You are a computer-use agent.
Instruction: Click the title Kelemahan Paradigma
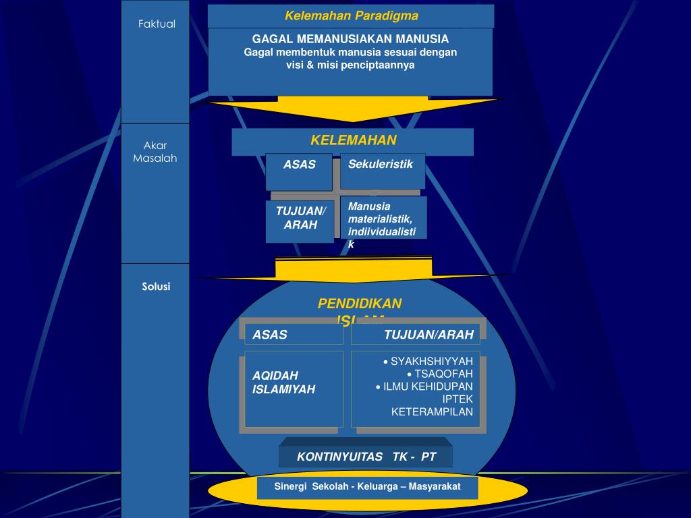point(351,16)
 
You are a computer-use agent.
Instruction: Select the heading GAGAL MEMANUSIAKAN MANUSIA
point(350,39)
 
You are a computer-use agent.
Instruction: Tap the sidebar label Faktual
point(157,24)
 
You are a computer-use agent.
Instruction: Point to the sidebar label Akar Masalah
point(155,152)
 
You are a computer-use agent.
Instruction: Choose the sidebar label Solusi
point(156,287)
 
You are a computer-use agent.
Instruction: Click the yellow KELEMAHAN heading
point(353,140)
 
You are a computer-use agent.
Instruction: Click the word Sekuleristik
point(380,164)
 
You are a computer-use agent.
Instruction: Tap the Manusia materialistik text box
point(382,219)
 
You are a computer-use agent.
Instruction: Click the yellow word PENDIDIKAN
point(360,304)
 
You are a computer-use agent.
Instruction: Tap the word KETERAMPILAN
point(432,411)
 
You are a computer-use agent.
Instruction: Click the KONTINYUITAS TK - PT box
point(366,457)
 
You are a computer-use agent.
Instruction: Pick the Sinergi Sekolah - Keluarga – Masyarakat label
point(367,486)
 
